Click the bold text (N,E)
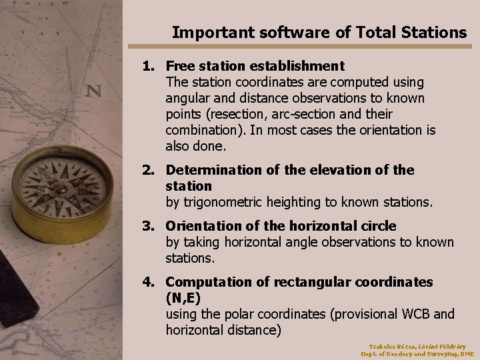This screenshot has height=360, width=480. [185, 298]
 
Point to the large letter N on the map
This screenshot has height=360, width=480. [94, 90]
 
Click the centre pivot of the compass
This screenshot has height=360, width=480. [61, 188]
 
